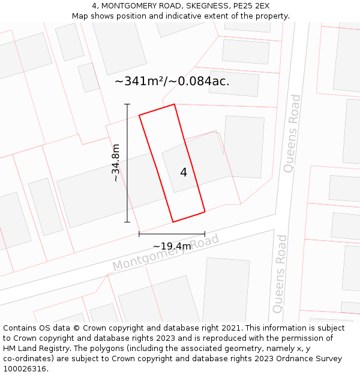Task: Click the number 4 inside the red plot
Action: pos(184,173)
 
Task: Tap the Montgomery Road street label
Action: pos(166,253)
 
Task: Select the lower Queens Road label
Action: pos(280,274)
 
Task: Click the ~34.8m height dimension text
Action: pos(116,163)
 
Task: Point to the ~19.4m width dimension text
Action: pos(172,246)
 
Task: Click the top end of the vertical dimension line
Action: pos(127,104)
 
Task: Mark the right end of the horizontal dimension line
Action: pos(205,234)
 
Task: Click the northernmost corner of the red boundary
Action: pos(174,104)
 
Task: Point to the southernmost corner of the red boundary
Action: pos(173,222)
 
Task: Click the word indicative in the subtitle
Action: pos(190,16)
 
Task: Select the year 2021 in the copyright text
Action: pos(229,328)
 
